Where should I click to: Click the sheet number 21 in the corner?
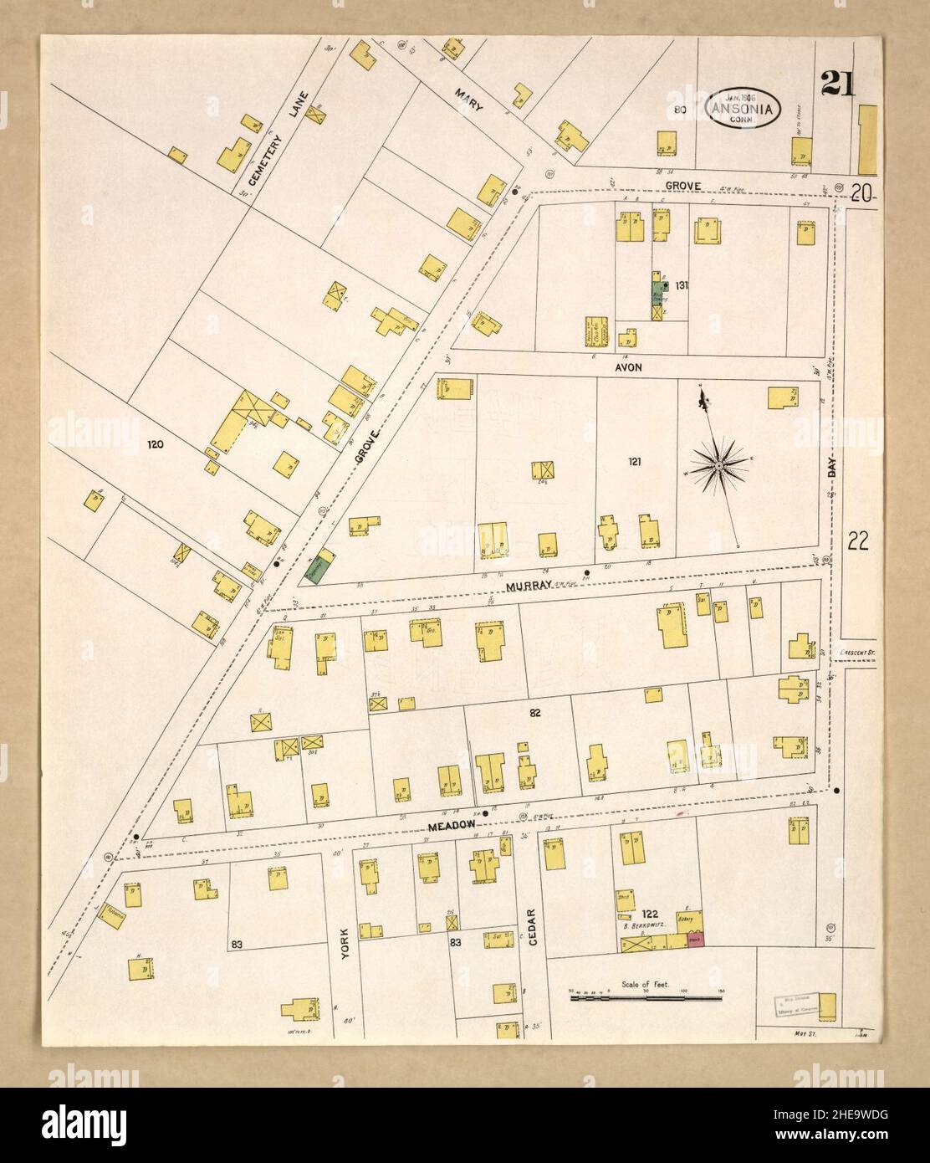[x=837, y=85]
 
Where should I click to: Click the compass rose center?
[x=718, y=462]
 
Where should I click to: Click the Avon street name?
[x=626, y=366]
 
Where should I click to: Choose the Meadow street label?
[x=452, y=825]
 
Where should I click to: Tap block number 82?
[x=535, y=714]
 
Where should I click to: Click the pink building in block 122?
[x=694, y=941]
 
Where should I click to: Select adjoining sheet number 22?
[x=857, y=541]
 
